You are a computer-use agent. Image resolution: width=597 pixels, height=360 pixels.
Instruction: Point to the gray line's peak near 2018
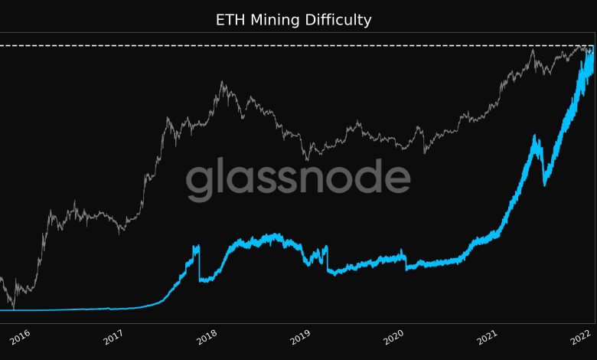coord(222,82)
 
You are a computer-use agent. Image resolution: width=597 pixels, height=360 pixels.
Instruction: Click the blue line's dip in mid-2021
coord(544,184)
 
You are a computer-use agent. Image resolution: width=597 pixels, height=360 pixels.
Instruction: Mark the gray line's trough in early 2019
coord(307,159)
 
